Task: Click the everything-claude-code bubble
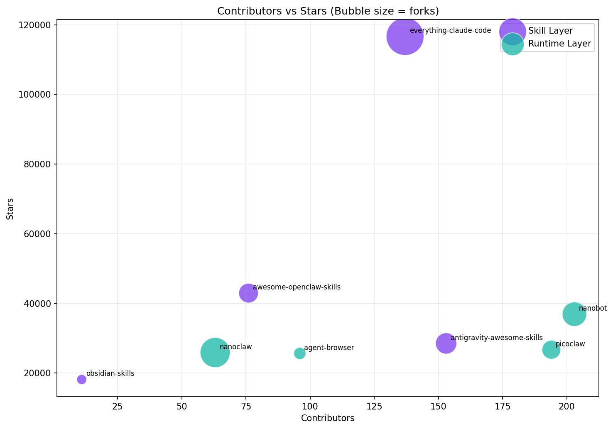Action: [405, 37]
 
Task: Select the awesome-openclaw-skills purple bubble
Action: [248, 293]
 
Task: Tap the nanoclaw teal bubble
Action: [215, 352]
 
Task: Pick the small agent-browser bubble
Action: [299, 353]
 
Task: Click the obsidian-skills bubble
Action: [81, 379]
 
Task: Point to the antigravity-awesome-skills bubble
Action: [446, 343]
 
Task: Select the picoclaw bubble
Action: [551, 350]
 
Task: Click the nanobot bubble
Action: [574, 314]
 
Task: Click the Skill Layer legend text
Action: [550, 31]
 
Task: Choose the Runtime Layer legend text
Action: [559, 44]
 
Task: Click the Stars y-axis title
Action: [10, 209]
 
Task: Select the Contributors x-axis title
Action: [328, 418]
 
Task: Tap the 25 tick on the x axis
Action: [118, 405]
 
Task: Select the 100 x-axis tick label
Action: [310, 405]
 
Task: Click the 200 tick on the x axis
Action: [566, 405]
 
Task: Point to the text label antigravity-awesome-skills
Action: [496, 338]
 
